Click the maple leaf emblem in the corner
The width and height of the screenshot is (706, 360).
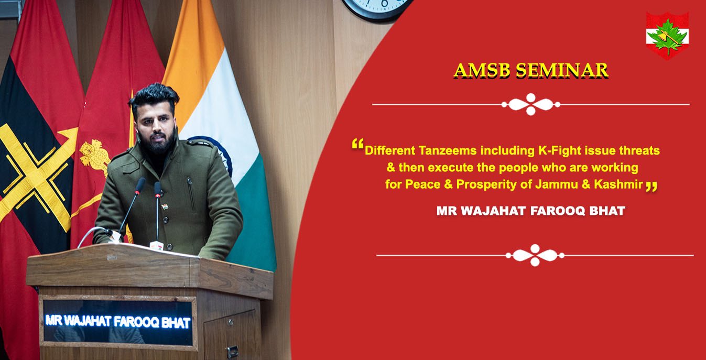(x=667, y=35)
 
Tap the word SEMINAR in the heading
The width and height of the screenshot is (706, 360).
(x=562, y=70)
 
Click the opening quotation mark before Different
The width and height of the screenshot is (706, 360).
(x=357, y=144)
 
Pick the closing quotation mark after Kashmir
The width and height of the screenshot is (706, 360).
(x=651, y=186)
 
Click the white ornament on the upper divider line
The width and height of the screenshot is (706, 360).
(x=531, y=104)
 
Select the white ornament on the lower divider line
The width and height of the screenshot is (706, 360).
(x=535, y=255)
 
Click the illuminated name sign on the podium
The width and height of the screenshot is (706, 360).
(x=118, y=322)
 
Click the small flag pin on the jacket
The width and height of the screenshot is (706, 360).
(x=165, y=207)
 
